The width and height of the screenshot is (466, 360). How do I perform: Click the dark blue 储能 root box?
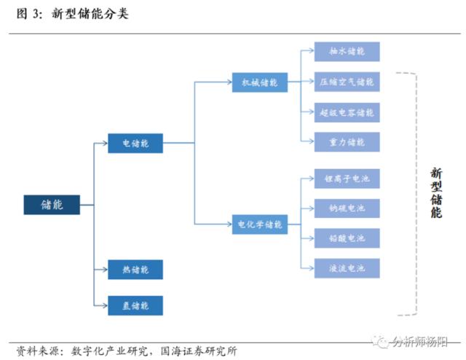pyautogui.click(x=51, y=205)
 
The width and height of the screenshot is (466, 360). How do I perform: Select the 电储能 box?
pyautogui.click(x=135, y=143)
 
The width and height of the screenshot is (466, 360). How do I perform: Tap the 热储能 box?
pyautogui.click(x=135, y=270)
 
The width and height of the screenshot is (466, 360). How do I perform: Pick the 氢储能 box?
pyautogui.click(x=135, y=305)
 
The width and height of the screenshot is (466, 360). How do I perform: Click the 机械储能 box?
pyautogui.click(x=260, y=82)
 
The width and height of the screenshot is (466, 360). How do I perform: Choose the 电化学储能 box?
pyautogui.click(x=260, y=224)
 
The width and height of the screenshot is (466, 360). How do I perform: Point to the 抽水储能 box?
pyautogui.click(x=347, y=52)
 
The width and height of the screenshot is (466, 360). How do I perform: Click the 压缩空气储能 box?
pyautogui.click(x=347, y=82)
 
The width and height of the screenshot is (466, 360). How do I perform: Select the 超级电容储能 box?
pyautogui.click(x=347, y=112)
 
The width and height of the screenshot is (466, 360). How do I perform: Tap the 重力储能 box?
pyautogui.click(x=347, y=142)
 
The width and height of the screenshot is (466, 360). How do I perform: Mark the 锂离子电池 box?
pyautogui.click(x=347, y=178)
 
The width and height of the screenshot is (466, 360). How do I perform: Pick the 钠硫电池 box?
pyautogui.click(x=347, y=208)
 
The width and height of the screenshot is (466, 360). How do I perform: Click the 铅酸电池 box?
pyautogui.click(x=347, y=238)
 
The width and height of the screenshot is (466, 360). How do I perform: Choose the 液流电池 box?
pyautogui.click(x=347, y=268)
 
